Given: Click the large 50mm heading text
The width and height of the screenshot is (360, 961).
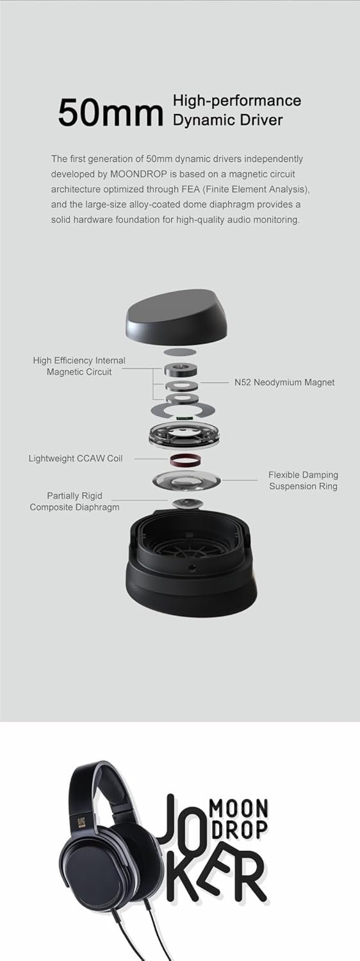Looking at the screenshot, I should pyautogui.click(x=110, y=113).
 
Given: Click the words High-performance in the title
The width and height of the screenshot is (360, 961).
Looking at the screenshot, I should pyautogui.click(x=237, y=101).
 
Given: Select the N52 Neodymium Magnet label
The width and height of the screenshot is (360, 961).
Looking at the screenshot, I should pyautogui.click(x=284, y=382).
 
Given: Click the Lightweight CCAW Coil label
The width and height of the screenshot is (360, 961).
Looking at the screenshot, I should pyautogui.click(x=76, y=458).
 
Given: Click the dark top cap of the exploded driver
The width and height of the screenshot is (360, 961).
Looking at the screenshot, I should pyautogui.click(x=180, y=318).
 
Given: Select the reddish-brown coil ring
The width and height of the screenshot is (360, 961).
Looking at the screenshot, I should pyautogui.click(x=187, y=459).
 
